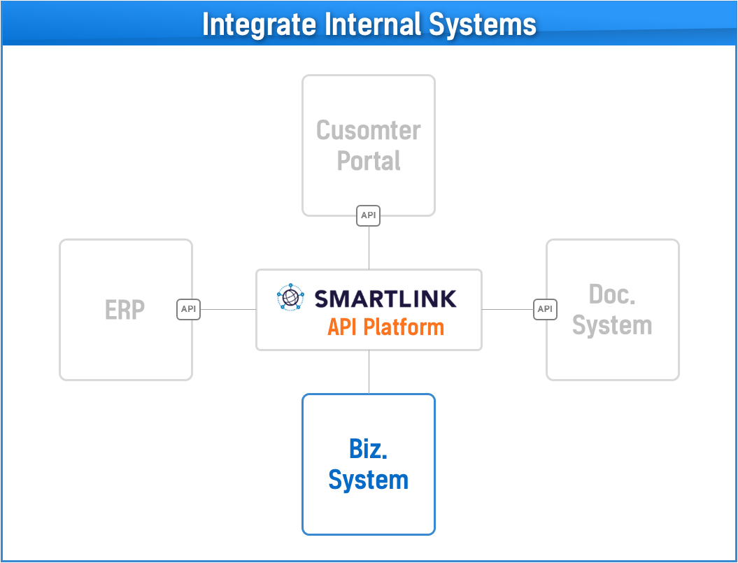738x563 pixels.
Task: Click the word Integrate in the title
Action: coord(260,24)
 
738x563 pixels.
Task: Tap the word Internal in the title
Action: coord(374,24)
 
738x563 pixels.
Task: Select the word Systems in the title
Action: coord(483,24)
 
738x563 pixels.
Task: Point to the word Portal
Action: coord(369,161)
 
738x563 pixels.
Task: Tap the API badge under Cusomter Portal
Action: coord(368,215)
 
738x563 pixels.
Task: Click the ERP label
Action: coord(125,311)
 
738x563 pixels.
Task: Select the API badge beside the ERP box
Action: coord(188,309)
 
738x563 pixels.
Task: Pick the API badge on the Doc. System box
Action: coord(545,309)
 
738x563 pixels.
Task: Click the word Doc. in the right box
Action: coord(612,294)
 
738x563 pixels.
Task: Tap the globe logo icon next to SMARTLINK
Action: coord(291,297)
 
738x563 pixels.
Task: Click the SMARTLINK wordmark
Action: coord(385,299)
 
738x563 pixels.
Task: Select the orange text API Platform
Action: coord(386,327)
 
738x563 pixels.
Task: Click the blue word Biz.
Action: coord(368,449)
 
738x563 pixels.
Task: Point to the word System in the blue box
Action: coord(368,480)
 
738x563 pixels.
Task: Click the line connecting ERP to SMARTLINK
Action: coord(228,309)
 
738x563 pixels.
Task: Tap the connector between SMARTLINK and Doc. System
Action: coord(508,309)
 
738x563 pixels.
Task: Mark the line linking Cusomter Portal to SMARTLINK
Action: coord(369,248)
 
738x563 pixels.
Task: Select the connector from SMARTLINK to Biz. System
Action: coord(369,372)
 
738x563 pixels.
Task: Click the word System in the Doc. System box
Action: coord(612,326)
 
